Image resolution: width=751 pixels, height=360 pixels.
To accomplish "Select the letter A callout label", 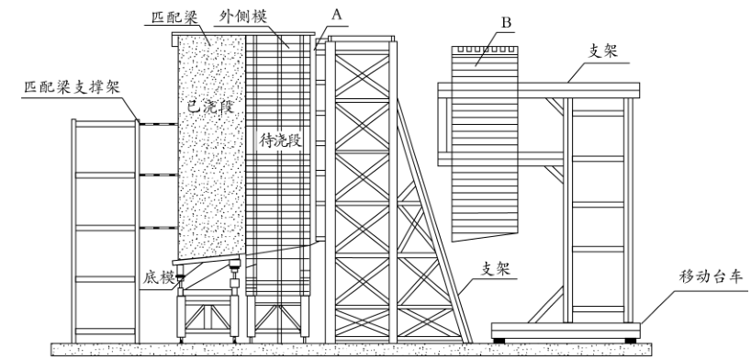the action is (x=337, y=15).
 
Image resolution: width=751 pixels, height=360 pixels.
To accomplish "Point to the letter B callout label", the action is (x=506, y=23).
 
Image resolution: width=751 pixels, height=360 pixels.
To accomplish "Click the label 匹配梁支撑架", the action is (x=72, y=87).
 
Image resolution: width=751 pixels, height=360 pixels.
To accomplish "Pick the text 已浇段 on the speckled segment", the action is (x=210, y=107).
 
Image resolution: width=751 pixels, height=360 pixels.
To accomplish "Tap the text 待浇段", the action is (x=281, y=141).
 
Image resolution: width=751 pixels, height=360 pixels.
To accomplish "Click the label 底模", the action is (x=159, y=278).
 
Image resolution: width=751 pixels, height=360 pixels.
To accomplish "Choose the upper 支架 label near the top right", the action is (x=602, y=51).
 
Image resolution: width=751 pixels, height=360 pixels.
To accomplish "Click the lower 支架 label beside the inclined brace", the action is (x=496, y=269).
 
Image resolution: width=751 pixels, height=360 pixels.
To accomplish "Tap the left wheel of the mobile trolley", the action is (x=499, y=341).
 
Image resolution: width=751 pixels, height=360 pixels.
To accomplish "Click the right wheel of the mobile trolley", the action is (x=631, y=341).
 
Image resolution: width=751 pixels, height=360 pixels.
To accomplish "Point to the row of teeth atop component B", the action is (x=485, y=49).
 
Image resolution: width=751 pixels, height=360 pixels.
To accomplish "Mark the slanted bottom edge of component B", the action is (x=485, y=237).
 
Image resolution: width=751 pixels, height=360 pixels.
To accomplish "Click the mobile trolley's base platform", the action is (x=566, y=331).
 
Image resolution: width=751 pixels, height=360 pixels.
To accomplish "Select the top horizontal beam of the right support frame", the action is (x=538, y=90).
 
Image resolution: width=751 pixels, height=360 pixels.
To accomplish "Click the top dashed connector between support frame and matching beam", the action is (x=159, y=124).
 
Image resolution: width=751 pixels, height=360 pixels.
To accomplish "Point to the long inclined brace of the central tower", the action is (x=433, y=220).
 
